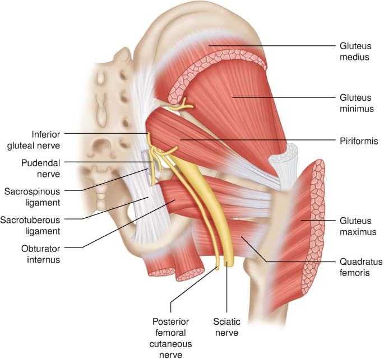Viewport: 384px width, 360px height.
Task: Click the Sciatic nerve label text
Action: tap(226, 328)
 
